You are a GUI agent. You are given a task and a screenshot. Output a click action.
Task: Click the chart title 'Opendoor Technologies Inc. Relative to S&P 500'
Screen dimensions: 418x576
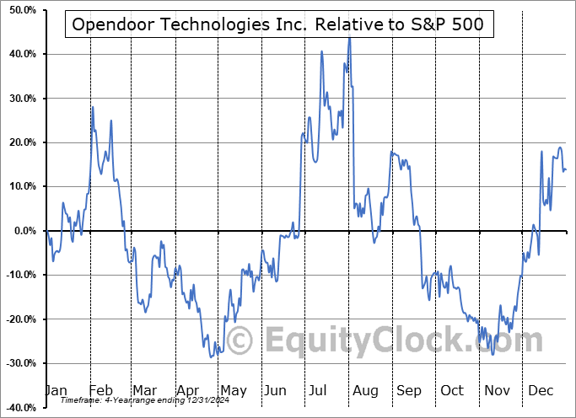[278, 24]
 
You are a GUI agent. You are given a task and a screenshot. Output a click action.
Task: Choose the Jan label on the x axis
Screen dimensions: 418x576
[55, 390]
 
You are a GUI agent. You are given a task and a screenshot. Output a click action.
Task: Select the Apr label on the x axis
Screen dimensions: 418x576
[187, 390]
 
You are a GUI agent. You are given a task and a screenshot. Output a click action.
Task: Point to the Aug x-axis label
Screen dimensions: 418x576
[364, 390]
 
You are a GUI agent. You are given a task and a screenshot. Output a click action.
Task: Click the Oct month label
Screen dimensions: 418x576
[452, 390]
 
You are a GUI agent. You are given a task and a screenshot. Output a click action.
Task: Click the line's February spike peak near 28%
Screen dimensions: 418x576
[93, 107]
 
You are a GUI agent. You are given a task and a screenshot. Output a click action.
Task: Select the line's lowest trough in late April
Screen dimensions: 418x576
[211, 357]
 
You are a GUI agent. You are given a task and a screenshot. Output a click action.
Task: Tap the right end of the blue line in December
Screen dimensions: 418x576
[565, 169]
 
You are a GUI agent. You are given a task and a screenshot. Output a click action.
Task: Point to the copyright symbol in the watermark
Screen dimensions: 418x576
[240, 340]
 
